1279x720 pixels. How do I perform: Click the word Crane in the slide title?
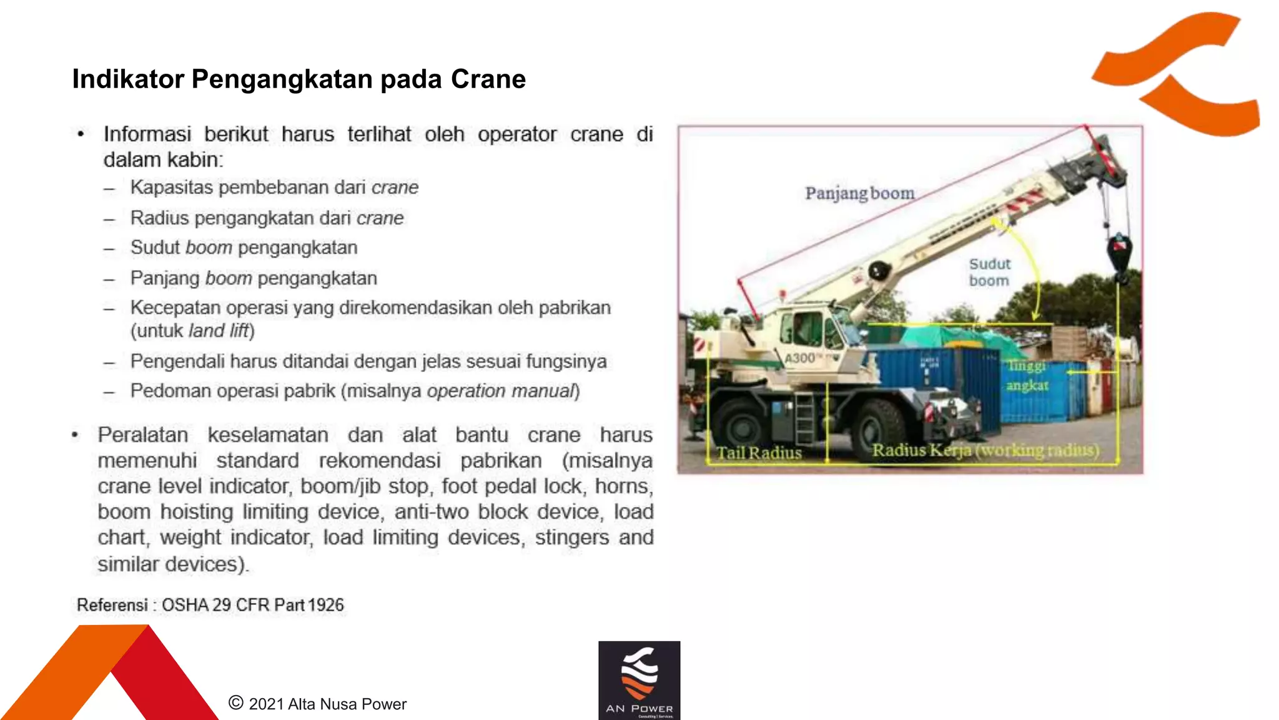pos(488,79)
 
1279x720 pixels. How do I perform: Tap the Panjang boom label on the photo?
pos(859,193)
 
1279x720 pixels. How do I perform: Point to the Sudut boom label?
pos(989,272)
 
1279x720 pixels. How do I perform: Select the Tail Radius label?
pos(758,452)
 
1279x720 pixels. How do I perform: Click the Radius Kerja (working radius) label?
pos(985,450)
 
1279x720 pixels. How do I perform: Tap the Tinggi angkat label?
pos(1027,375)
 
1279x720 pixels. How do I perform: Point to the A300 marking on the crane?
pos(801,358)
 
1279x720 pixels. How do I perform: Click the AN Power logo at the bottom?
pos(639,680)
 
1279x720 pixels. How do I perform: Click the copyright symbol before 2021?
pos(235,702)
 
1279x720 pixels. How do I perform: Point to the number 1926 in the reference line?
pos(326,605)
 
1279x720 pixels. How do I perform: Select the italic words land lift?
pos(219,331)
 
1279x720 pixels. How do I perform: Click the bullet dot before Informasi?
pos(81,134)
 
